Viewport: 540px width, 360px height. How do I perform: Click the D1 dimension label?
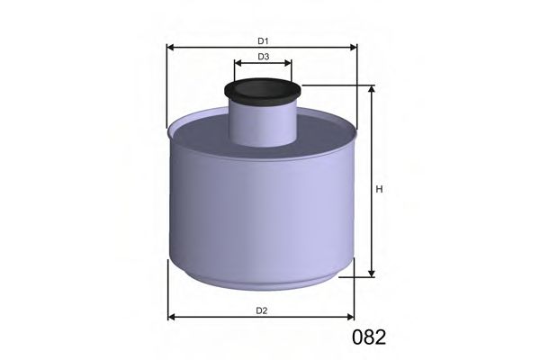pyautogui.click(x=263, y=40)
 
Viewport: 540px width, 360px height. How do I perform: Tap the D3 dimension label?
pyautogui.click(x=263, y=57)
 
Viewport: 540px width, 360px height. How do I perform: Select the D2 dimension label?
pyautogui.click(x=261, y=310)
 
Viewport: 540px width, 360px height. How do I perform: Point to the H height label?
pyautogui.click(x=380, y=189)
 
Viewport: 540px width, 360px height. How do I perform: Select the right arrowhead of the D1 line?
pyautogui.click(x=354, y=48)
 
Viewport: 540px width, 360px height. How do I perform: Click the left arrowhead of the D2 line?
pyautogui.click(x=173, y=318)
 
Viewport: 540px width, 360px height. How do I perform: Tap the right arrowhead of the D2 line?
pyautogui.click(x=352, y=318)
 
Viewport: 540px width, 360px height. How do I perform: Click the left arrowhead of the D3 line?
pyautogui.click(x=238, y=64)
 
